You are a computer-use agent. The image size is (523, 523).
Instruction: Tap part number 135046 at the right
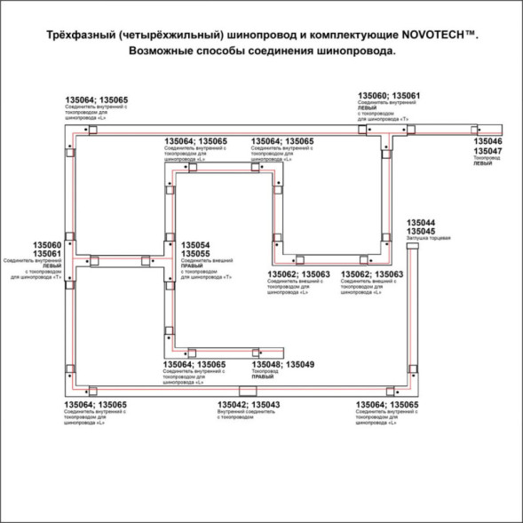click(487, 141)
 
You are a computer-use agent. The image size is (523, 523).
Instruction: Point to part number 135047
click(487, 152)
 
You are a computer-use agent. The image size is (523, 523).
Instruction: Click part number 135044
click(420, 222)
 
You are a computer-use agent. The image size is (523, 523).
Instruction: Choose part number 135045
click(420, 232)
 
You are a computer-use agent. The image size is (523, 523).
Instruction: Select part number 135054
click(195, 244)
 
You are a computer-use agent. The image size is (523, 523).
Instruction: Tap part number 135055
click(195, 254)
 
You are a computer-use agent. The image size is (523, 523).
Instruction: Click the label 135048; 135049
click(282, 364)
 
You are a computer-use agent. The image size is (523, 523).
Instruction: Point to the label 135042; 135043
click(249, 405)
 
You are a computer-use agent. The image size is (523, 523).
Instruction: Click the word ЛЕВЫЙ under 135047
click(482, 164)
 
